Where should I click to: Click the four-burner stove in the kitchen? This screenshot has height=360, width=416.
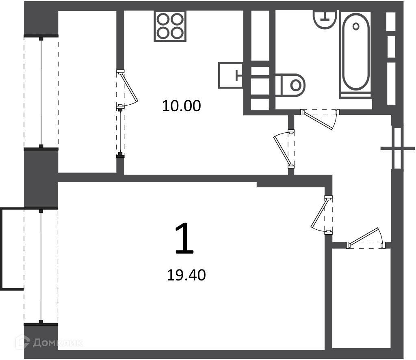pyautogui.click(x=170, y=26)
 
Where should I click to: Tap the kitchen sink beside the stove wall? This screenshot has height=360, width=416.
pyautogui.click(x=231, y=75)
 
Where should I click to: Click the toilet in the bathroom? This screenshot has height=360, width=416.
pyautogui.click(x=290, y=85)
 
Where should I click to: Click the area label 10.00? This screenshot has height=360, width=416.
pyautogui.click(x=182, y=106)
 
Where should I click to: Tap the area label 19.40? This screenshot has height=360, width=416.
pyautogui.click(x=186, y=275)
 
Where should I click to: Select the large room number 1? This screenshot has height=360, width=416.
pyautogui.click(x=185, y=238)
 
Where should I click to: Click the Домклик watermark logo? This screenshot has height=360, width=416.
pyautogui.click(x=49, y=343)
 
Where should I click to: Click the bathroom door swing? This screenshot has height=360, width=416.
pyautogui.click(x=320, y=119)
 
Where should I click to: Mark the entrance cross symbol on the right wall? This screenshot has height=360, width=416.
pyautogui.click(x=397, y=149)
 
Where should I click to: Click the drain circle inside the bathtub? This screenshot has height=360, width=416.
pyautogui.click(x=356, y=26)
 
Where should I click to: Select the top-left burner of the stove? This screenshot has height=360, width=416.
pyautogui.click(x=162, y=19)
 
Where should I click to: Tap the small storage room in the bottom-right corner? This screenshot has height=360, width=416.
pyautogui.click(x=361, y=298)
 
